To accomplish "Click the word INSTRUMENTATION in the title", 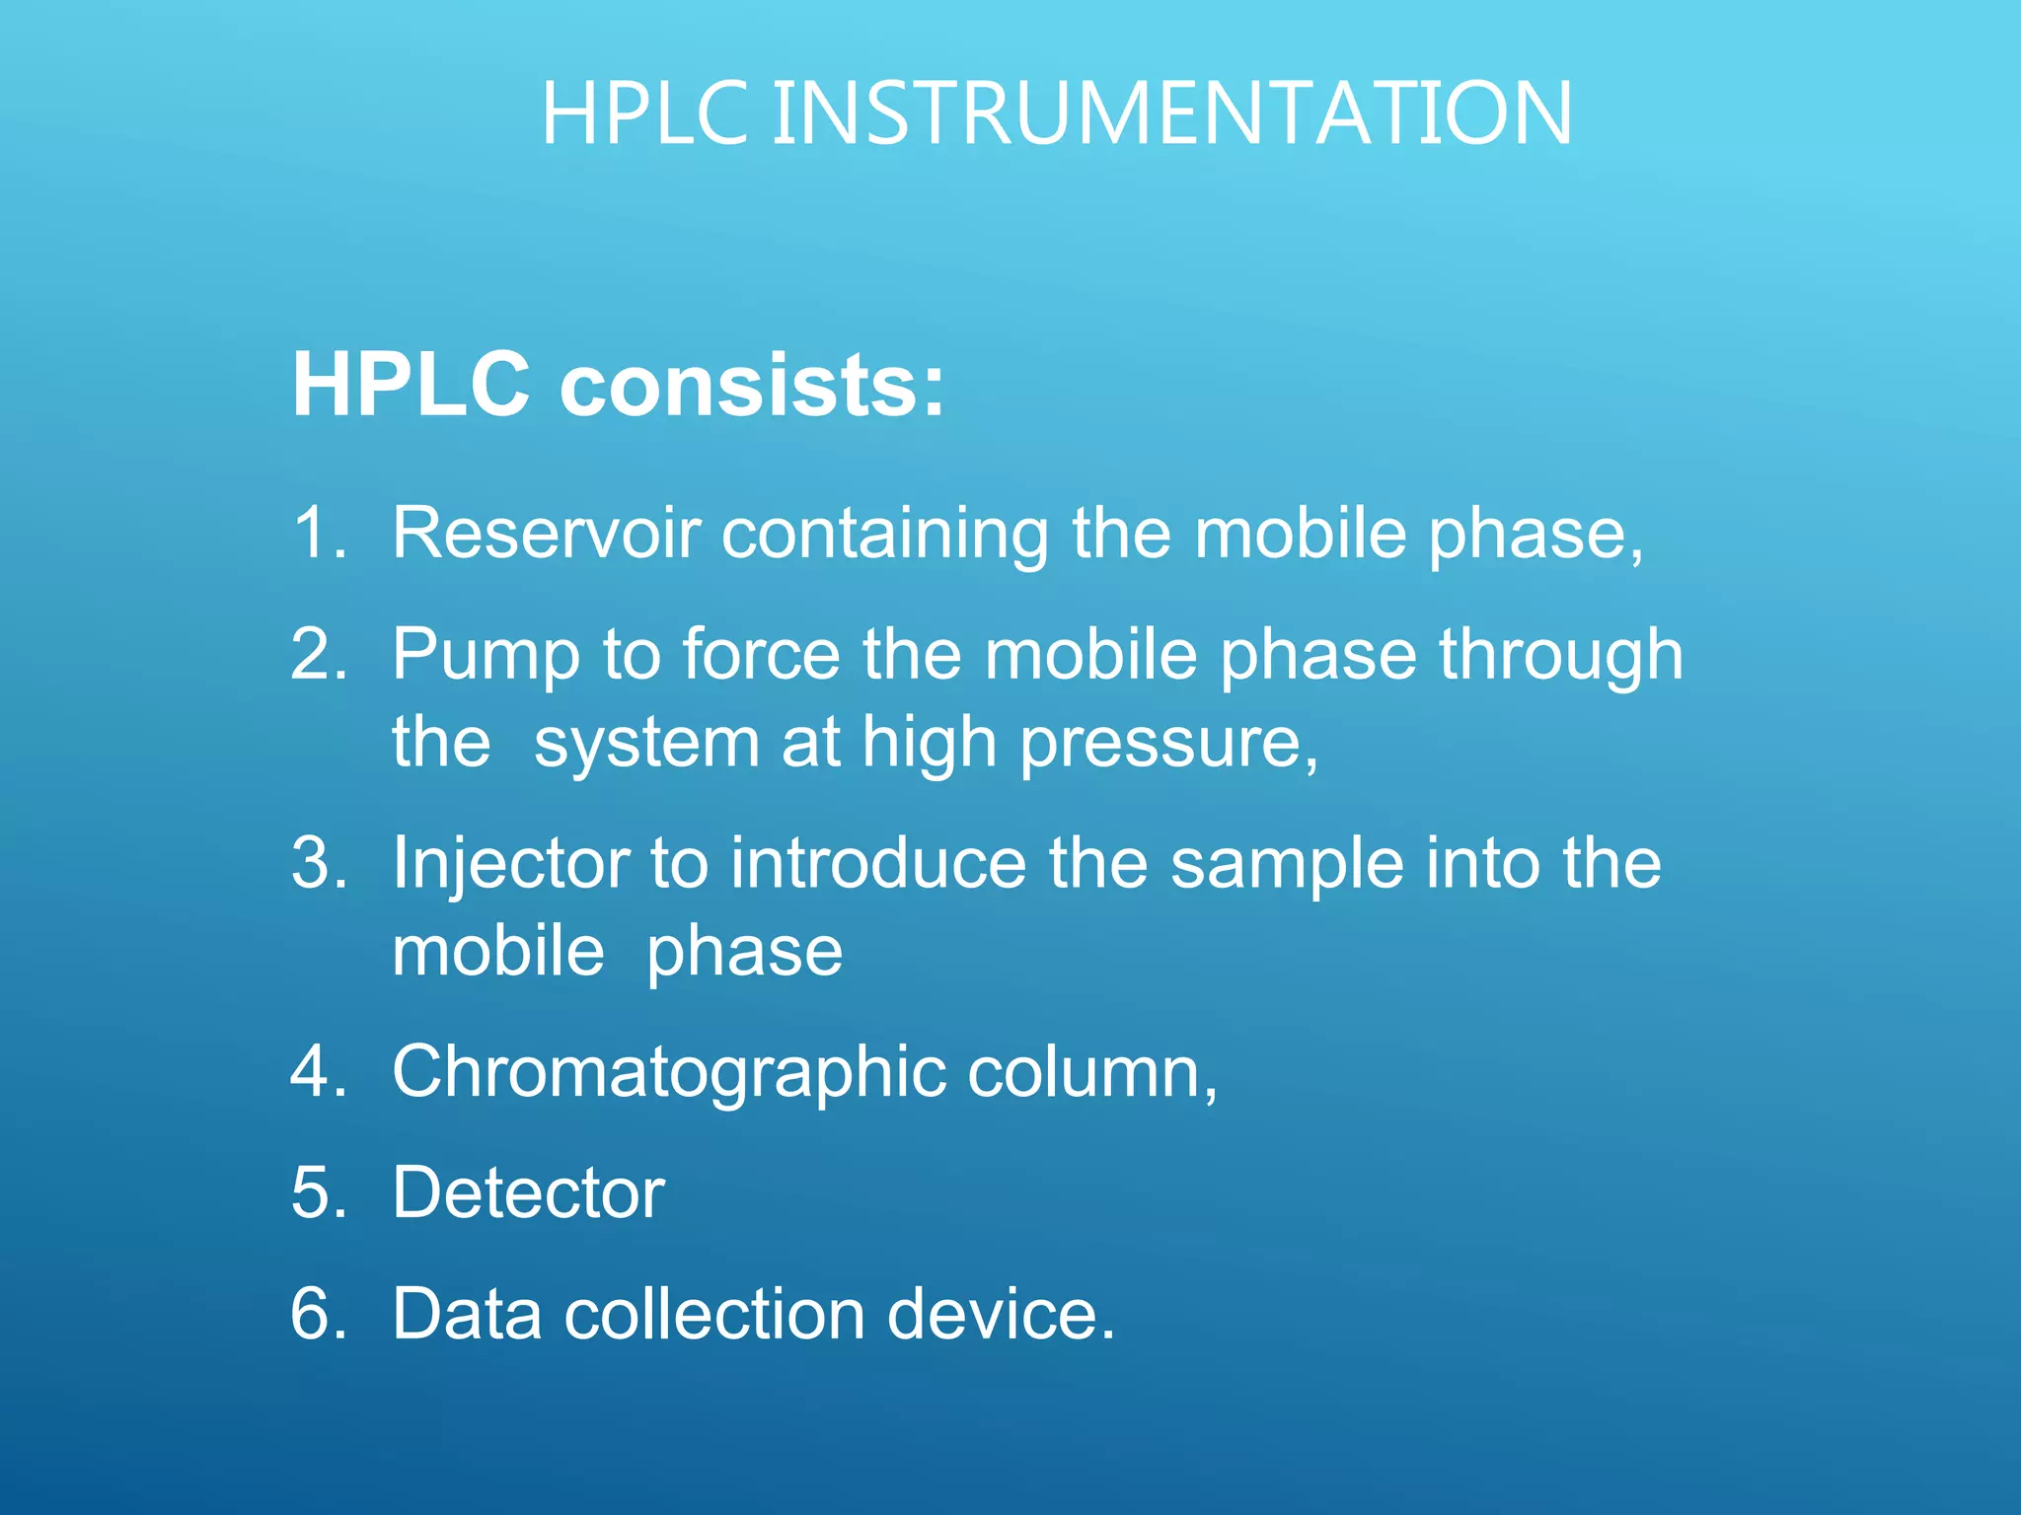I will (1171, 114).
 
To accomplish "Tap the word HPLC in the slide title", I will (644, 114).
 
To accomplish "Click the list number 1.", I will (318, 533).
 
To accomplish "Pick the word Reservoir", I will (546, 533).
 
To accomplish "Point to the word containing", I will (884, 535).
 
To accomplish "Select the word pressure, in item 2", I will (1168, 744).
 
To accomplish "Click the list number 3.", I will (318, 863).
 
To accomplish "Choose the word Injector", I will (510, 865).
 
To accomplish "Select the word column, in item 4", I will (1092, 1072).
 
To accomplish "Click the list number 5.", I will (318, 1192).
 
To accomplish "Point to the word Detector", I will (528, 1192).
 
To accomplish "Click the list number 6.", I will (318, 1314).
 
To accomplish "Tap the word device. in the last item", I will (1001, 1314).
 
